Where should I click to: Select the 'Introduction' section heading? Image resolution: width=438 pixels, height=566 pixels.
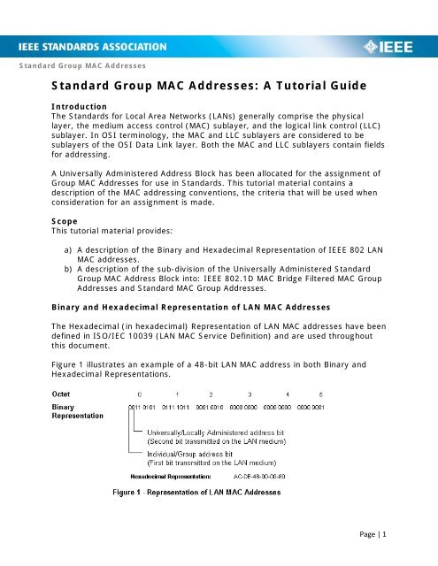point(80,106)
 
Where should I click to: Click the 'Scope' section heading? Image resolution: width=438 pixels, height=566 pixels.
point(65,195)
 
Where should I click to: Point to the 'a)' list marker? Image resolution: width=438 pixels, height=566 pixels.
point(58,225)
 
